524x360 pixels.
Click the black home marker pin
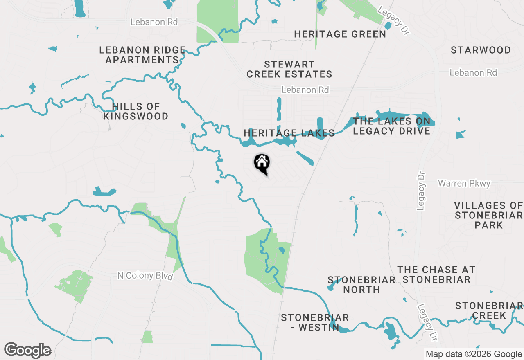[262, 163]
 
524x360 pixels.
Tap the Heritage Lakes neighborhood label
[289, 133]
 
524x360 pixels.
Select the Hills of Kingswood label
[136, 112]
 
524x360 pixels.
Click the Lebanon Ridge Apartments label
[142, 55]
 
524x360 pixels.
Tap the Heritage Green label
[340, 34]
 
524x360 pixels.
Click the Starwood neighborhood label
[481, 50]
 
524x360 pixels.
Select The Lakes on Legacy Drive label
[391, 126]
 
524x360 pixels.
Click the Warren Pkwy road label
[464, 183]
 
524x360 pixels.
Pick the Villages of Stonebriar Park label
[489, 215]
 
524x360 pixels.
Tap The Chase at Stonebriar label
[436, 274]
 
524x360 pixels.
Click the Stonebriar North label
[361, 285]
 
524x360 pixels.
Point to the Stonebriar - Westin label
[314, 322]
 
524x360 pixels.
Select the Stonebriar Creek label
[489, 310]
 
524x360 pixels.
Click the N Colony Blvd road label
[145, 276]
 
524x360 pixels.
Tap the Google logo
[28, 351]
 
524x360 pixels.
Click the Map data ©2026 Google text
[474, 354]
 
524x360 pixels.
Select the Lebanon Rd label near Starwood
[473, 73]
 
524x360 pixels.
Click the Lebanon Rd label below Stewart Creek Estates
[305, 90]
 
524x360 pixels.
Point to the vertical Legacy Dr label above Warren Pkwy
[421, 191]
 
